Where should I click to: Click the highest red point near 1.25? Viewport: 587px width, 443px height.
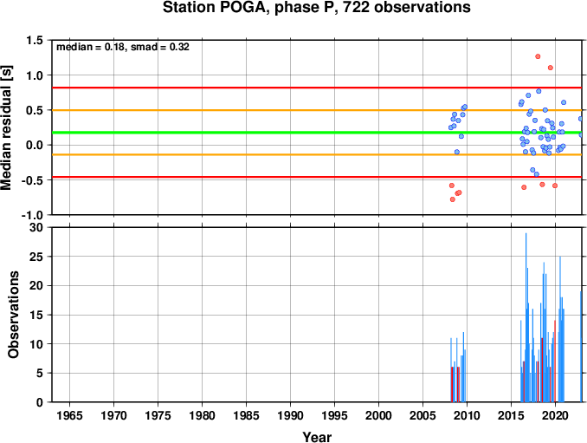pyautogui.click(x=538, y=56)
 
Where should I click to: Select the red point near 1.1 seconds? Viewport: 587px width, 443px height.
pyautogui.click(x=551, y=68)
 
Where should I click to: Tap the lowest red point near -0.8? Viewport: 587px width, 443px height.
pyautogui.click(x=453, y=199)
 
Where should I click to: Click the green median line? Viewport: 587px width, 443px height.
pyautogui.click(x=319, y=133)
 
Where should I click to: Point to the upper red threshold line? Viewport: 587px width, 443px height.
pyautogui.click(x=319, y=88)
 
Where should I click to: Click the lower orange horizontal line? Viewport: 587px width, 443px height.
pyautogui.click(x=319, y=154)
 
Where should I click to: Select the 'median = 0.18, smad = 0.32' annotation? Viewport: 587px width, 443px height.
pyautogui.click(x=123, y=47)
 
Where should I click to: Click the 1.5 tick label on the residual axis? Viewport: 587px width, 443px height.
pyautogui.click(x=35, y=40)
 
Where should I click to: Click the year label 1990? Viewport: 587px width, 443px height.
pyautogui.click(x=291, y=415)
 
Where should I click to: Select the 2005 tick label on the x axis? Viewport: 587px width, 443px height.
pyautogui.click(x=423, y=415)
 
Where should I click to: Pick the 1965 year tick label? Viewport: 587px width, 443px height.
pyautogui.click(x=69, y=415)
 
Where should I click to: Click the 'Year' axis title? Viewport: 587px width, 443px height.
pyautogui.click(x=317, y=437)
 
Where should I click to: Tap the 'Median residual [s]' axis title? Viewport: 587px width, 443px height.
pyautogui.click(x=6, y=127)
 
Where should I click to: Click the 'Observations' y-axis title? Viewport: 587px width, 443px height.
pyautogui.click(x=14, y=315)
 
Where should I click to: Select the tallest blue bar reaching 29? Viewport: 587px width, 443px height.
pyautogui.click(x=526, y=317)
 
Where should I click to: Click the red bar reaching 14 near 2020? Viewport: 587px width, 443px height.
pyautogui.click(x=555, y=361)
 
